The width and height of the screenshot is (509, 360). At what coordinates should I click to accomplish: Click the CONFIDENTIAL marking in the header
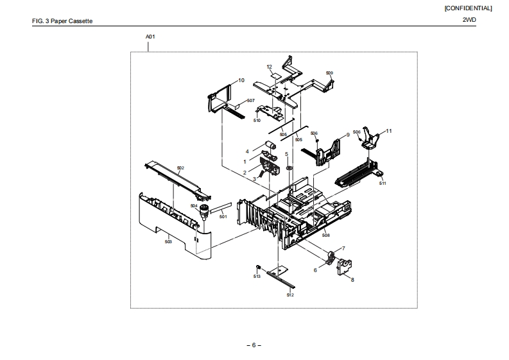coord(468,8)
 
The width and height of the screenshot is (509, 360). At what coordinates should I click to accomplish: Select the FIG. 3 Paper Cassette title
coord(62,21)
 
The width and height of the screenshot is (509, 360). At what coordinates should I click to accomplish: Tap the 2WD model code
coord(469,21)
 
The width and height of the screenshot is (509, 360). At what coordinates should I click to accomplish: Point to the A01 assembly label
coord(150,37)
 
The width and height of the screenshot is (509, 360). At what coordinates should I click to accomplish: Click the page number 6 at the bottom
coord(254,345)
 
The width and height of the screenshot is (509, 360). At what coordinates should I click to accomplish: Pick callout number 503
coord(168,242)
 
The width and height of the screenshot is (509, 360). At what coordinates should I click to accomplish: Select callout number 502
coord(180,168)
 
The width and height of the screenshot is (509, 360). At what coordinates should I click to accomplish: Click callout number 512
coord(290,295)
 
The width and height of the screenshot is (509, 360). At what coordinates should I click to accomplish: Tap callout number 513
coord(256,276)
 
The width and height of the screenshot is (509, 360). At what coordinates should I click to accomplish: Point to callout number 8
coord(352,279)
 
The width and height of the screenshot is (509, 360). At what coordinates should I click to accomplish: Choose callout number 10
coord(241,80)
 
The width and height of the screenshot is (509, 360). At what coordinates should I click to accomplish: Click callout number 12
coord(270,67)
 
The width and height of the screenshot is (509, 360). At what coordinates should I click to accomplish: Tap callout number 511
coord(382,184)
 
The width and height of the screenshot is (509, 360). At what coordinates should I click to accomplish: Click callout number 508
coord(325,236)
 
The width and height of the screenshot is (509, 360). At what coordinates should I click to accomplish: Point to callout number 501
coord(223,216)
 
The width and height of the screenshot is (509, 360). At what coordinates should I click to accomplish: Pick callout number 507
coord(251,101)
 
